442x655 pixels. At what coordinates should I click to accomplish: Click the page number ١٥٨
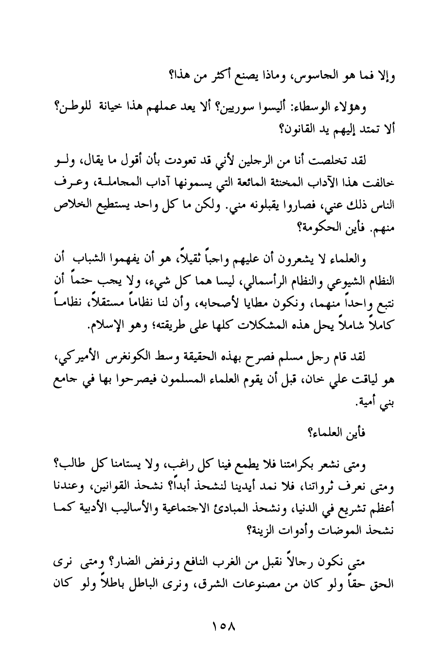221,623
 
